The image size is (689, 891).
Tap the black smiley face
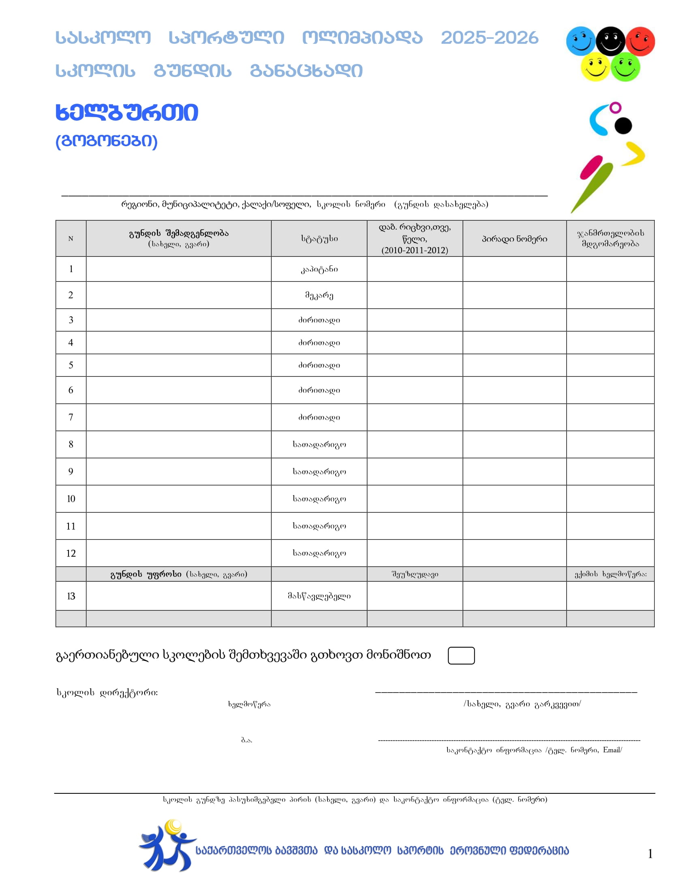(x=610, y=41)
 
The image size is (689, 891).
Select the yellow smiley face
(x=595, y=67)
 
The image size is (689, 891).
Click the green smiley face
(x=625, y=67)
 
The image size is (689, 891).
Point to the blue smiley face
(x=581, y=41)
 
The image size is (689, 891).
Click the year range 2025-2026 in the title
(x=490, y=38)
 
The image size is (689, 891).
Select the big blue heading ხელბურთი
(x=126, y=113)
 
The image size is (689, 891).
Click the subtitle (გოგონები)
(x=107, y=141)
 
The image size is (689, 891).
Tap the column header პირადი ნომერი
(x=514, y=239)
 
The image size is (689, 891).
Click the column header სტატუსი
(x=319, y=239)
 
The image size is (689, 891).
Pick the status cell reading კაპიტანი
(x=319, y=269)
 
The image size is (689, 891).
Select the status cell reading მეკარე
(x=319, y=295)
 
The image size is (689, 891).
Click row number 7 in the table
(x=71, y=417)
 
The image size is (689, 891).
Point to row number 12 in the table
(x=71, y=553)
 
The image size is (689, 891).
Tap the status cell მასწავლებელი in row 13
(x=319, y=596)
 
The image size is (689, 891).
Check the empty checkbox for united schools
(x=461, y=656)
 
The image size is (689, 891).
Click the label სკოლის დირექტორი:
(x=107, y=692)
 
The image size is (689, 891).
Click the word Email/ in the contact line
(x=612, y=750)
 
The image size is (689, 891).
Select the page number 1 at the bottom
(x=650, y=853)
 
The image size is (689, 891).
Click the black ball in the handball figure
(x=623, y=126)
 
